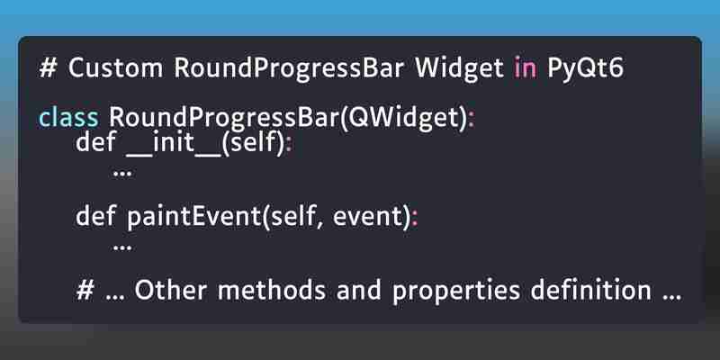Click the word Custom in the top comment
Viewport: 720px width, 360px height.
[x=116, y=69]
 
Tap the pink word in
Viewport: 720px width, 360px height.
[x=525, y=69]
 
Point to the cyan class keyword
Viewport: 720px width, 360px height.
[x=68, y=118]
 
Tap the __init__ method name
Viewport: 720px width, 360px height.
[x=174, y=144]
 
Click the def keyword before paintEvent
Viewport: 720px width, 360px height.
[x=95, y=216]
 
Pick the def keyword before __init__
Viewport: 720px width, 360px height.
[x=95, y=142]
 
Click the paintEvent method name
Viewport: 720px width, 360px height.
[x=194, y=217]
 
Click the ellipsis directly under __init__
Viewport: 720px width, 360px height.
[x=122, y=174]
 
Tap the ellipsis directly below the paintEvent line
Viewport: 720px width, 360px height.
[x=122, y=248]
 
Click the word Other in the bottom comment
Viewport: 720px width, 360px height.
[x=170, y=290]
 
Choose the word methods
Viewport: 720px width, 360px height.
[x=272, y=290]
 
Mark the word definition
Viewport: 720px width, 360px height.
[x=591, y=290]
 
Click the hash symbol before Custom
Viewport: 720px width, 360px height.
[x=49, y=69]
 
